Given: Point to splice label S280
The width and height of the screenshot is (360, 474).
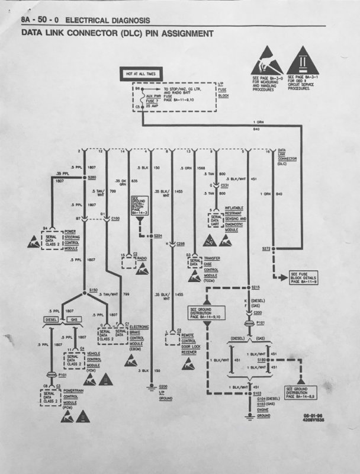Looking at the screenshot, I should click(92, 177).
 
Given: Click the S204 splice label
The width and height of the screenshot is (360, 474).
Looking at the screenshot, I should click(158, 236).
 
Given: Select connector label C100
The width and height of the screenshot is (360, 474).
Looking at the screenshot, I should click(116, 219).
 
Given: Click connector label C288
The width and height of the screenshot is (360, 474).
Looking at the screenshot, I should click(181, 244).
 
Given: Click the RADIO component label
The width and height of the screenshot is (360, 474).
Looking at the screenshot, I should click(143, 258).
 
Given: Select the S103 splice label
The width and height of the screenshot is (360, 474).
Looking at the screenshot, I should click(257, 392).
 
